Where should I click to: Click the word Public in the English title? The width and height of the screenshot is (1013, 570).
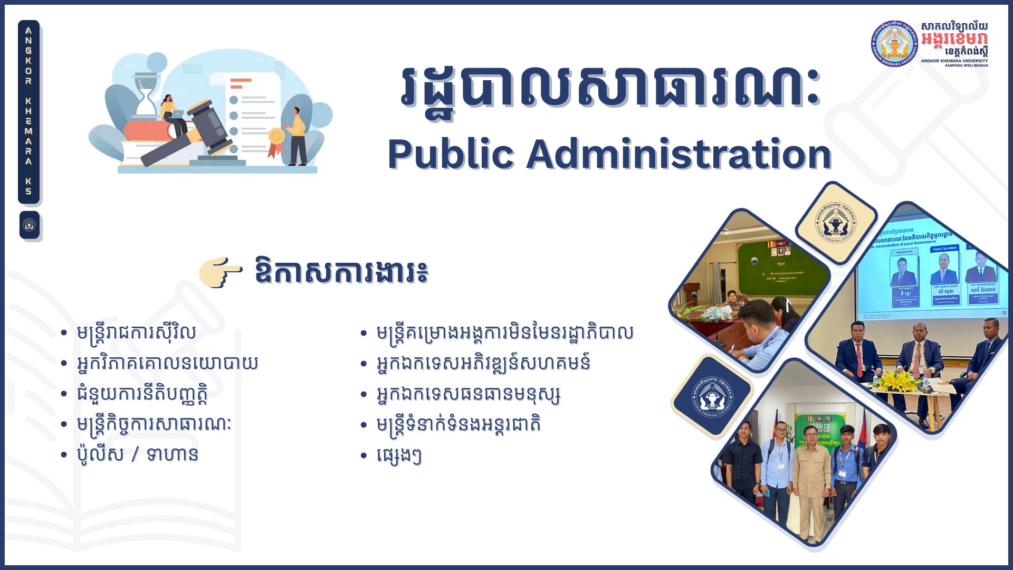[451, 154]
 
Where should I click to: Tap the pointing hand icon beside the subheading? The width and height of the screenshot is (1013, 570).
[221, 272]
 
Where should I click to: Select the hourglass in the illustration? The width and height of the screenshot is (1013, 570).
[146, 95]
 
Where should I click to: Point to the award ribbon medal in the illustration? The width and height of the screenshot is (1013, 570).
[276, 138]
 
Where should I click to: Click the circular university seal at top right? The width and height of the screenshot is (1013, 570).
[894, 44]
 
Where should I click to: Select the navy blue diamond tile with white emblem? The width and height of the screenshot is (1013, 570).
[712, 396]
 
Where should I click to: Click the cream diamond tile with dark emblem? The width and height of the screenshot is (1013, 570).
[836, 222]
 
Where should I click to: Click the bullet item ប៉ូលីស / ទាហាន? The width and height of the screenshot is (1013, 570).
[137, 454]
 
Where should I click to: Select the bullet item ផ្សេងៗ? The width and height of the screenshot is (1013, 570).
[398, 455]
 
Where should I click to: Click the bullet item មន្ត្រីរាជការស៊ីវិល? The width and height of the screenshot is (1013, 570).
[136, 332]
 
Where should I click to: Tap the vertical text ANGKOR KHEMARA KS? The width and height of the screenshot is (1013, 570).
[28, 111]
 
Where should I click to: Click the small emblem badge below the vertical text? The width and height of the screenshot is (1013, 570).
[30, 225]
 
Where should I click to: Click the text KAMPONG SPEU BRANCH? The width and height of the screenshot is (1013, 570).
[966, 65]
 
